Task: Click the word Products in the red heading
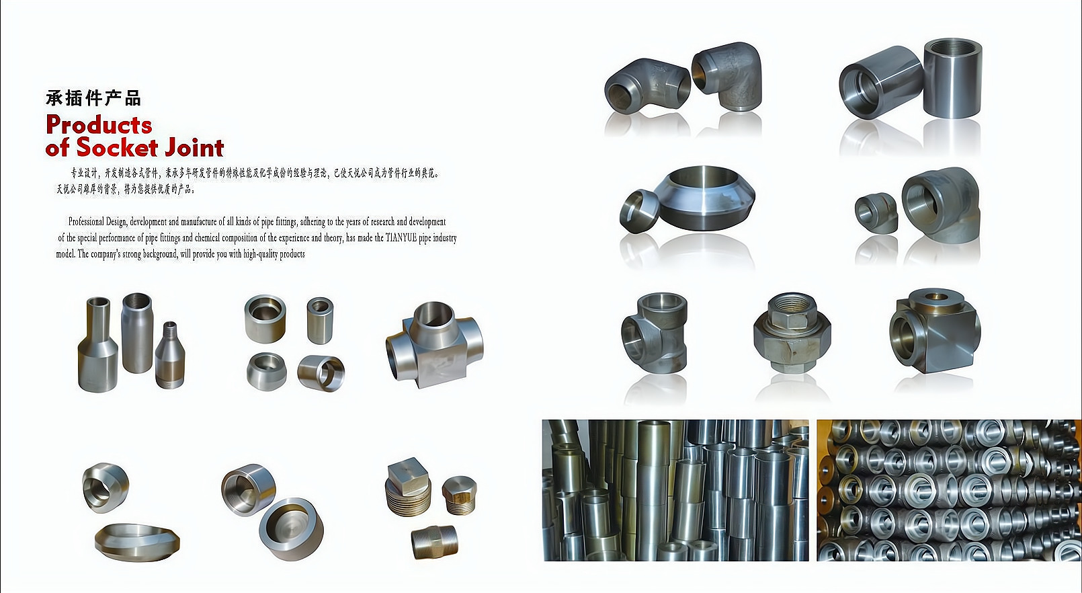pos(99,124)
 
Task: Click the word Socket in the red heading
pos(118,147)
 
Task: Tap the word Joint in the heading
pos(194,147)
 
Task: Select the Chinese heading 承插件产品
pos(93,98)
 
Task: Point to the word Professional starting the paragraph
pos(87,222)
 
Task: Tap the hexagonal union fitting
pos(792,333)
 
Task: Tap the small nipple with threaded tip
pos(170,355)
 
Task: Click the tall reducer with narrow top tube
pos(97,344)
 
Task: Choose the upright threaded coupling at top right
pos(952,78)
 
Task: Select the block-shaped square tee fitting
pos(935,331)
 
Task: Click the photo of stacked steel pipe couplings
pos(675,490)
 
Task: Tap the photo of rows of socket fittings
pos(949,490)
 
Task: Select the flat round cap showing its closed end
pos(291,528)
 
